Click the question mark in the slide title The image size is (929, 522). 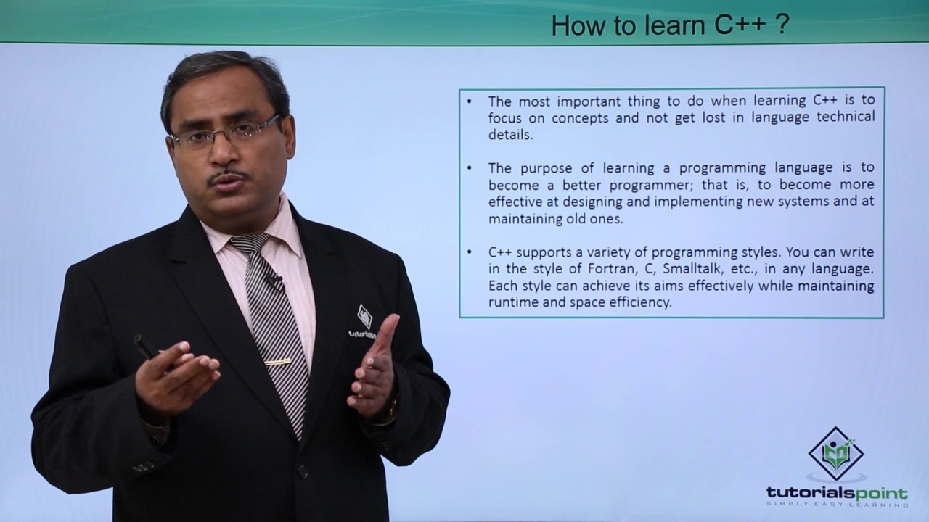tap(782, 25)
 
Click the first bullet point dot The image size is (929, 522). tap(469, 101)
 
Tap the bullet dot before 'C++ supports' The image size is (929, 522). tap(469, 252)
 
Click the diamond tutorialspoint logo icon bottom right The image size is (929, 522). tap(835, 454)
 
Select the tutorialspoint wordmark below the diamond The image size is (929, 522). tap(837, 494)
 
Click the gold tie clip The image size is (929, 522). tap(277, 362)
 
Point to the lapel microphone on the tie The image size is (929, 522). tap(274, 281)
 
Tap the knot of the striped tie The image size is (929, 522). tap(249, 244)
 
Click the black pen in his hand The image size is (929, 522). tap(147, 347)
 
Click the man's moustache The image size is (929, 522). tap(228, 176)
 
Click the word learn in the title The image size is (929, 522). tap(675, 25)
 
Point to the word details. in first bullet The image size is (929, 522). tap(510, 135)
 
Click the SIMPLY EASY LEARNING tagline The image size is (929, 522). tap(837, 504)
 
